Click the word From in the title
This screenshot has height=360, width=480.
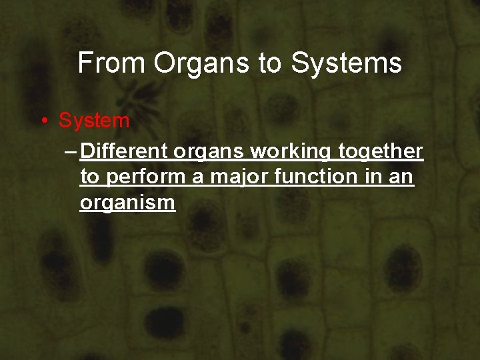[x=111, y=63]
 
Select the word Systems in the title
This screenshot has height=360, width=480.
[x=346, y=63]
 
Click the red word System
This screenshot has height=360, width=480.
[x=94, y=121]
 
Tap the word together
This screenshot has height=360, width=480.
[x=380, y=153]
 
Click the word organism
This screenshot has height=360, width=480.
[x=127, y=203]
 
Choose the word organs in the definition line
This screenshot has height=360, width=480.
[x=213, y=153]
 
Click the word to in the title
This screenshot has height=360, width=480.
[x=271, y=64]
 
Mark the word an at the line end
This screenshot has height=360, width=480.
[x=403, y=178]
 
